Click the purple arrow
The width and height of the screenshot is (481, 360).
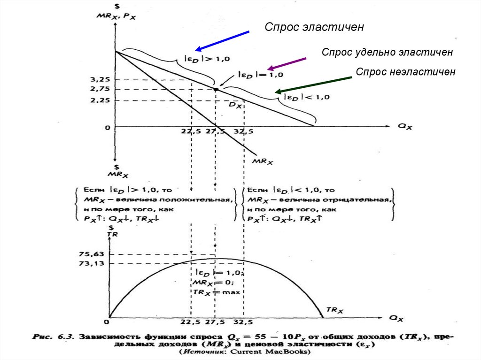click(286, 64)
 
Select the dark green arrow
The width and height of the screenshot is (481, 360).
click(313, 84)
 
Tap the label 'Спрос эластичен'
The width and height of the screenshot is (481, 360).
click(314, 27)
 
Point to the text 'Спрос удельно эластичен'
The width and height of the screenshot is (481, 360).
click(387, 52)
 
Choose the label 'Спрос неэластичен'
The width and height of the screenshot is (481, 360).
click(405, 72)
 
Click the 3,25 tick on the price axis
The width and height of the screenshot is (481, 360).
click(101, 79)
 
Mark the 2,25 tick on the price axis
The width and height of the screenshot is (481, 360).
click(101, 100)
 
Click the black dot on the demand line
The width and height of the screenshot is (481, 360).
click(216, 89)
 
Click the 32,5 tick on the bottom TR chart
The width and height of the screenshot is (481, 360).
click(243, 323)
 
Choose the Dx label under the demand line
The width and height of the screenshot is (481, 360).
click(235, 106)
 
